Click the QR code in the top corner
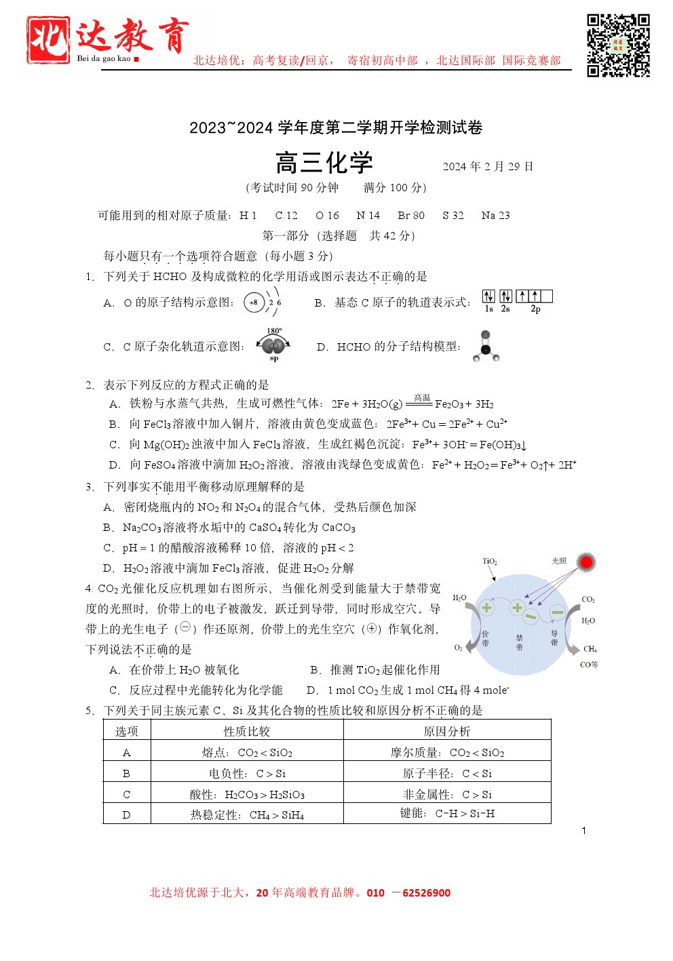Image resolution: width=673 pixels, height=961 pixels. [618, 45]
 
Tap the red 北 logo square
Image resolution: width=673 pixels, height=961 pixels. [47, 40]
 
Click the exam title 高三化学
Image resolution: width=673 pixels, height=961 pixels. [324, 163]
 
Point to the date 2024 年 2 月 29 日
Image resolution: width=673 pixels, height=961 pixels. [488, 167]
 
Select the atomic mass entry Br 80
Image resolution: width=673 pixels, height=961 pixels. [410, 216]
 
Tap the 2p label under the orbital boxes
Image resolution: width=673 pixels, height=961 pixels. [535, 309]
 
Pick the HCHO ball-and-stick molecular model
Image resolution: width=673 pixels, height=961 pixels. [486, 347]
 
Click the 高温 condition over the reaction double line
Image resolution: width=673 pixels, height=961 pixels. [422, 398]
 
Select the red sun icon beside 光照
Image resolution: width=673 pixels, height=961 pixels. [586, 562]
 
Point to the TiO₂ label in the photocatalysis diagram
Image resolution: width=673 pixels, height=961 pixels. [490, 562]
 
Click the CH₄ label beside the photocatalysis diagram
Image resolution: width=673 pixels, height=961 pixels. [590, 649]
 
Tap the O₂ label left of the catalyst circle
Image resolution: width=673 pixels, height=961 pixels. [458, 648]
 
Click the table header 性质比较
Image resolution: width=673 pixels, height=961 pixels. [246, 731]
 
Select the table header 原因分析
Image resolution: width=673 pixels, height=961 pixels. [446, 731]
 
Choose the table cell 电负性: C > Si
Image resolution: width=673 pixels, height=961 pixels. [247, 773]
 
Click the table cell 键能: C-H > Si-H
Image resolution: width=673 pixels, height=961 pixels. [446, 813]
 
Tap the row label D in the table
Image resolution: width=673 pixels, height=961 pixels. [126, 815]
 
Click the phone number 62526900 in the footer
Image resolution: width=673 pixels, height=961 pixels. [426, 893]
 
